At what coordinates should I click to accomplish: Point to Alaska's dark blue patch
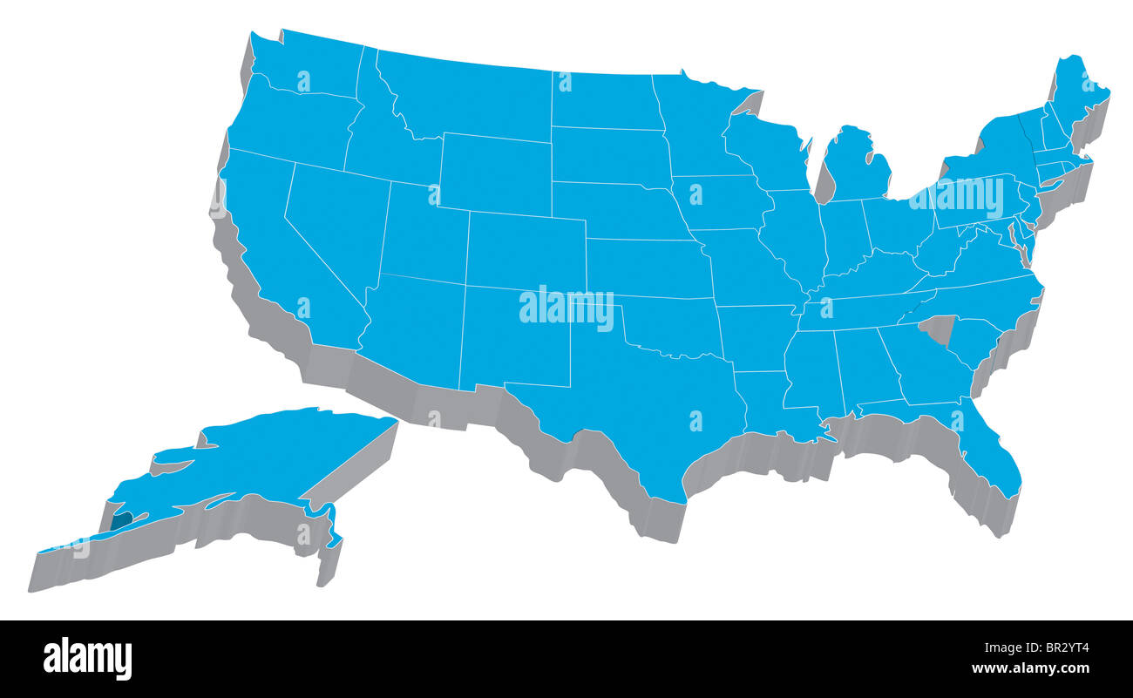click(x=120, y=521)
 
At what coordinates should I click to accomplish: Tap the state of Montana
click(x=471, y=96)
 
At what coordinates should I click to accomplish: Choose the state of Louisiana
click(x=767, y=401)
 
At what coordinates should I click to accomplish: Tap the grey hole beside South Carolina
click(x=939, y=329)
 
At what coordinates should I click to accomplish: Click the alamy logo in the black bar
click(x=87, y=658)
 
